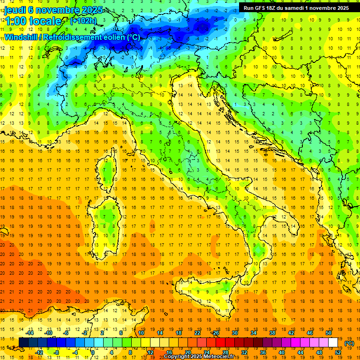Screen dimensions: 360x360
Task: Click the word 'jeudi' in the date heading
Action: [15, 9]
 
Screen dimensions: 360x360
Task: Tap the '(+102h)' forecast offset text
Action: [83, 21]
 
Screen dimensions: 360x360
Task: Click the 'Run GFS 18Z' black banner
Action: [296, 8]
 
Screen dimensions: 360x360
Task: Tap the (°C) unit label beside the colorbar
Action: [349, 343]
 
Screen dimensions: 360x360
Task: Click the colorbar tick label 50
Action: [328, 333]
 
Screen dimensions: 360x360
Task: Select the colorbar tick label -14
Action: [30, 333]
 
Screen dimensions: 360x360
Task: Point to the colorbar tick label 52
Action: [337, 352]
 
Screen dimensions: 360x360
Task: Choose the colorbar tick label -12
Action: [39, 352]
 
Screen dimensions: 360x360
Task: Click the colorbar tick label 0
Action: [92, 352]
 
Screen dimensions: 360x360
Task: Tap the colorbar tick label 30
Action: [235, 333]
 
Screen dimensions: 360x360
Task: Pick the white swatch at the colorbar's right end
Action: [333, 343]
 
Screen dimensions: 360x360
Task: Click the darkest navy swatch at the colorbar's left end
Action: [23, 343]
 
